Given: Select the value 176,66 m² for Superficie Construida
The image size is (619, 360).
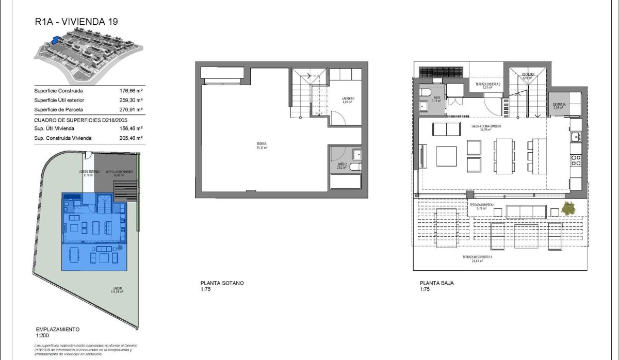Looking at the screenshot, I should coord(131,90).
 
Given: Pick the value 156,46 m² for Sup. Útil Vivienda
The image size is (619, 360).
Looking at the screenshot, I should coord(131,128).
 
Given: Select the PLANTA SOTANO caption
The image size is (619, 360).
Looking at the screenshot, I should coord(222,283).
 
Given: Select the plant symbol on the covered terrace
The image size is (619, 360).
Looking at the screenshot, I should coord(568,209).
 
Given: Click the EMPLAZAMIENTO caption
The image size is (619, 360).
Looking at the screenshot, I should coord(57,329).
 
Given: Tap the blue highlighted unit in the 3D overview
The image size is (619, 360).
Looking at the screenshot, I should coord(55,39).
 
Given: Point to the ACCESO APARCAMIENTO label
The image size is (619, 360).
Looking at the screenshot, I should coord(120,172).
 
